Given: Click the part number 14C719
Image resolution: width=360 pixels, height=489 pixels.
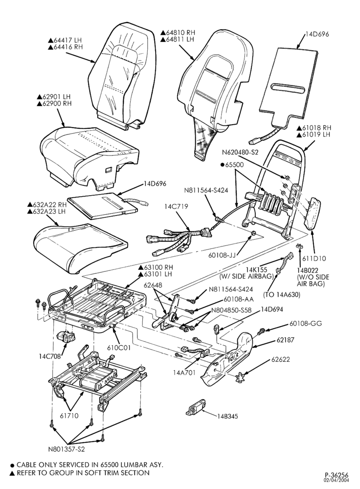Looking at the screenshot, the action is click(177, 206).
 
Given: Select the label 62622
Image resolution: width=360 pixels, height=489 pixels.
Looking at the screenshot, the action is click(280, 359).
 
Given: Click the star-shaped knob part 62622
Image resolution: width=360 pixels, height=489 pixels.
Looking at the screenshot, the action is click(240, 378).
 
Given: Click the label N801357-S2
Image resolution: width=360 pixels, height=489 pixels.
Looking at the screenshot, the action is click(67, 449).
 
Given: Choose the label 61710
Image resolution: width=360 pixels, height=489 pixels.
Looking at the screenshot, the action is click(69, 416).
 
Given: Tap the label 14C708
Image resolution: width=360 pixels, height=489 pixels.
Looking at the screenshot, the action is click(50, 356).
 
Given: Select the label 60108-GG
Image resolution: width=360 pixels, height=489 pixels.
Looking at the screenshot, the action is click(306, 324).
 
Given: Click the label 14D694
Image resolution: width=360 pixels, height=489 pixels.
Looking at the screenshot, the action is click(272, 310).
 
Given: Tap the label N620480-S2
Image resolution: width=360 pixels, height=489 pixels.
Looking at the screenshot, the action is click(240, 153).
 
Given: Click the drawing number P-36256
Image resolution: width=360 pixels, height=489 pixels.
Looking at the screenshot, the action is click(337, 474).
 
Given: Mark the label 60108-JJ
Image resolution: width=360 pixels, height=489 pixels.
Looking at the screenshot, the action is click(222, 256).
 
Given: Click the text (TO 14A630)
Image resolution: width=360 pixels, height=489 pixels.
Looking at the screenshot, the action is click(282, 294).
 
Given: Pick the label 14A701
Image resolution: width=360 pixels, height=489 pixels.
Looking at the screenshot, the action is click(184, 372).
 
